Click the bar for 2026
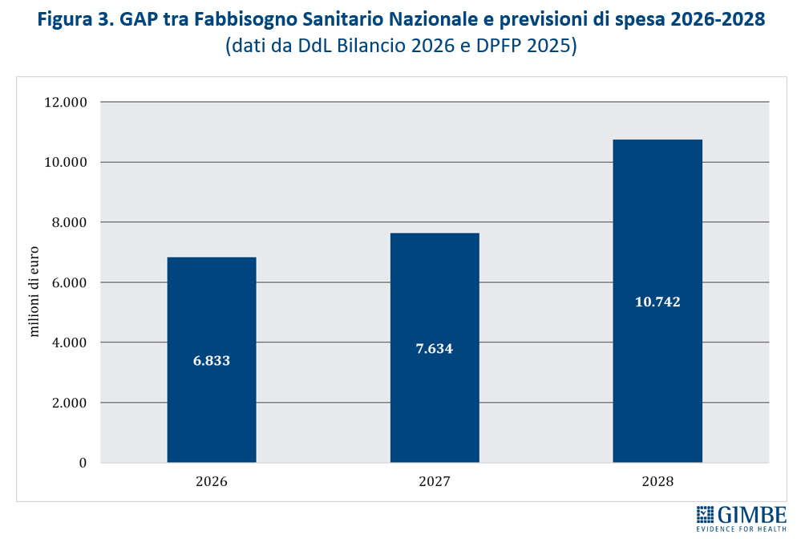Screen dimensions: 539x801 click(x=212, y=321)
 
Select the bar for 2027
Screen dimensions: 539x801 click(x=435, y=305)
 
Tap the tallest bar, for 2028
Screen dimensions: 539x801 click(x=657, y=241)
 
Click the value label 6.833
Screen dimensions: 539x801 click(x=212, y=361)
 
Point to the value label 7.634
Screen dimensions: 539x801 click(x=435, y=348)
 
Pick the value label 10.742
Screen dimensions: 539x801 click(x=657, y=302)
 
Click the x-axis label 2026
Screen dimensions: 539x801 click(x=212, y=482)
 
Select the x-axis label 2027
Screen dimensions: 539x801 click(x=435, y=482)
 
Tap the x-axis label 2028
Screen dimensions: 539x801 click(x=657, y=482)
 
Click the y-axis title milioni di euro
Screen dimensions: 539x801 click(x=34, y=283)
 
